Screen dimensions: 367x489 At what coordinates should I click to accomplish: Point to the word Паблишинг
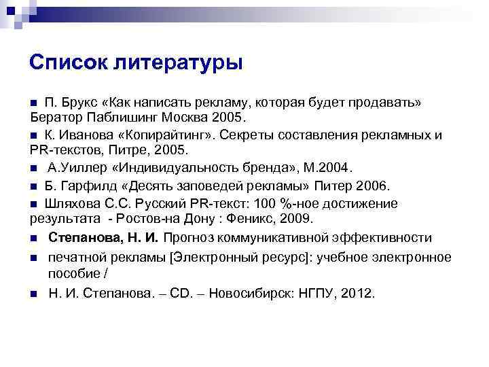pos(124,117)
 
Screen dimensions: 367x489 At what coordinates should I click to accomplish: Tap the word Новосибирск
pos(259,294)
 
